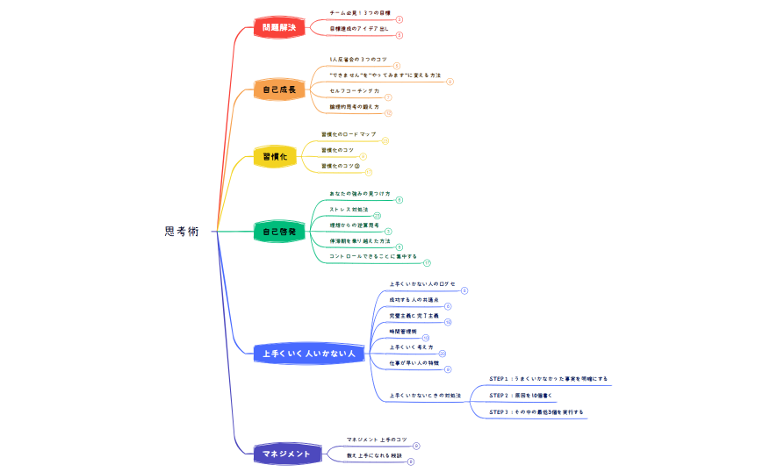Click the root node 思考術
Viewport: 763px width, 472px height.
182,232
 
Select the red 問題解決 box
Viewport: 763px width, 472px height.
279,28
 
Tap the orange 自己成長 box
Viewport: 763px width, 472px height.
279,89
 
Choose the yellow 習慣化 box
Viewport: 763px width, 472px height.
275,157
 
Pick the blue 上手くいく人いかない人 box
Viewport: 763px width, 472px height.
308,354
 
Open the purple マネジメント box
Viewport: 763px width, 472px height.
286,454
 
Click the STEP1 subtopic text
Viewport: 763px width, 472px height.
548,379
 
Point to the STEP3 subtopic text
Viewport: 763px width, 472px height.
536,411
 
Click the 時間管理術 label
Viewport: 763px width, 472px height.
403,332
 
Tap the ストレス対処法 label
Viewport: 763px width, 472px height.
349,210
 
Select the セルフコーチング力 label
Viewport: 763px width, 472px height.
355,91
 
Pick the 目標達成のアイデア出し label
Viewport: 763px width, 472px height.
359,29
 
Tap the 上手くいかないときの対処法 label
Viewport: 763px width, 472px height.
425,396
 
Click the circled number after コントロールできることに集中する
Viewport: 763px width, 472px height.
427,262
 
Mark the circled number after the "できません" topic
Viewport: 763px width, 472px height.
450,82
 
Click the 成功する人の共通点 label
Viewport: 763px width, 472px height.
414,300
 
